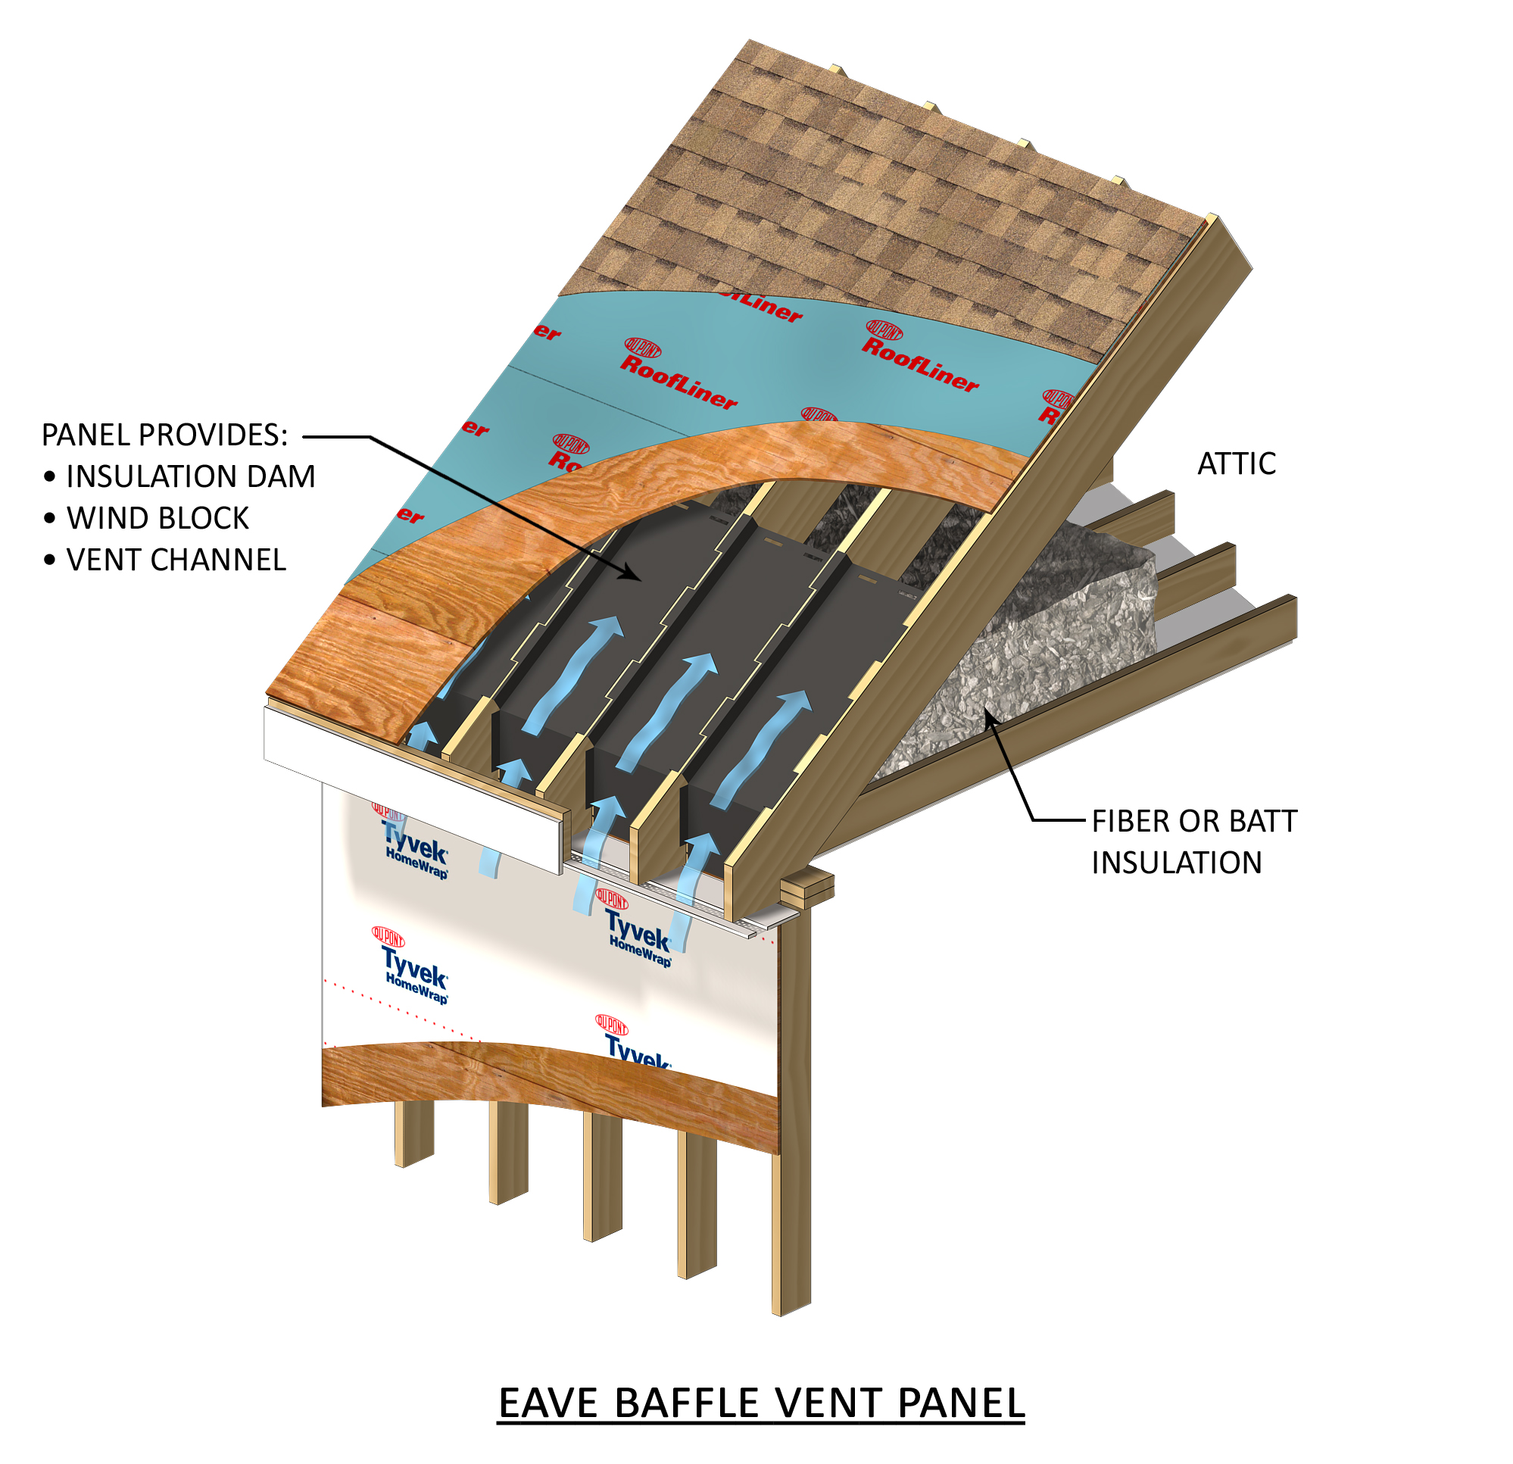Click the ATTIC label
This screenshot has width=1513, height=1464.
[1236, 464]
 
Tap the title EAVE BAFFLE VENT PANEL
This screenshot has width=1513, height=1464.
[760, 1402]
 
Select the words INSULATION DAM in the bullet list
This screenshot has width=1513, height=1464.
[191, 476]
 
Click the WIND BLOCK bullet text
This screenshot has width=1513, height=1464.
[158, 518]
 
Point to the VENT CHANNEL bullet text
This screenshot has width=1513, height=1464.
[176, 560]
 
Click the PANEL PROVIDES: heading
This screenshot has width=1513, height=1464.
[164, 435]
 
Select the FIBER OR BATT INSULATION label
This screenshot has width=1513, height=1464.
[1193, 841]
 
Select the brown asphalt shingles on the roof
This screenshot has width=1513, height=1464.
[849, 193]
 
